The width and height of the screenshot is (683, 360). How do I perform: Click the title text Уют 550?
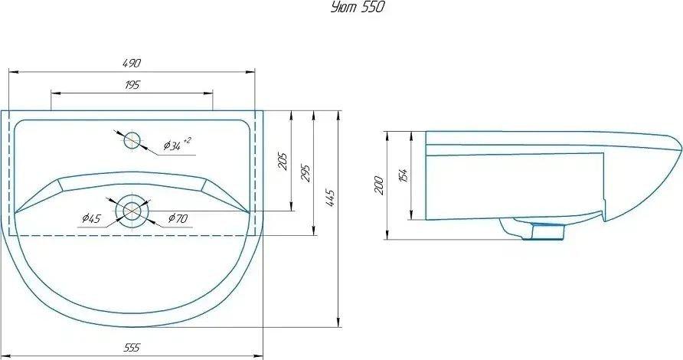point(358,8)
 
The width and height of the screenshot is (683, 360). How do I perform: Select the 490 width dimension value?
point(132,64)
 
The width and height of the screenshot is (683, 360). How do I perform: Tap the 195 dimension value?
point(132,85)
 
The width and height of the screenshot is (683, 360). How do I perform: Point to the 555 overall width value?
point(132,348)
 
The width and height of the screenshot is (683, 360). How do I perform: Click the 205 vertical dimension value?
point(283,162)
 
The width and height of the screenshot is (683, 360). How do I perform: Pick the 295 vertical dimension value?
point(306,173)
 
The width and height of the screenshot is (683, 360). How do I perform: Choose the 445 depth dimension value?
point(330,198)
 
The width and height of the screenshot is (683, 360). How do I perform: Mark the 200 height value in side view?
point(379,185)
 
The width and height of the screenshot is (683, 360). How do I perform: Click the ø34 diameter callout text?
point(172,145)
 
